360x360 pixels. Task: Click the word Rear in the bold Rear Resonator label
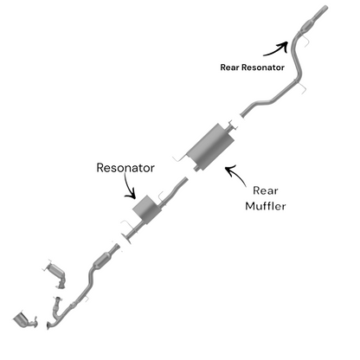[230, 67]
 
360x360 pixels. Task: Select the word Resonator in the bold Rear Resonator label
[263, 67]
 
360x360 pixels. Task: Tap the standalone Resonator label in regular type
[125, 168]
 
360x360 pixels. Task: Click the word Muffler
[266, 206]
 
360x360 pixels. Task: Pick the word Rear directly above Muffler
[266, 190]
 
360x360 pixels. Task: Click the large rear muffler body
[210, 146]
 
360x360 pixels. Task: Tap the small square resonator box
[146, 209]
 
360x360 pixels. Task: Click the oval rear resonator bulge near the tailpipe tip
[306, 26]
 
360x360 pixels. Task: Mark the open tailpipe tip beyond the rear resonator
[325, 8]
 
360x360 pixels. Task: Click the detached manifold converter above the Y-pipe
[57, 274]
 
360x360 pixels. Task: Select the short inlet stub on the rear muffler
[196, 169]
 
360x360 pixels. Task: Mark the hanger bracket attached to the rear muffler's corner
[179, 158]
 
